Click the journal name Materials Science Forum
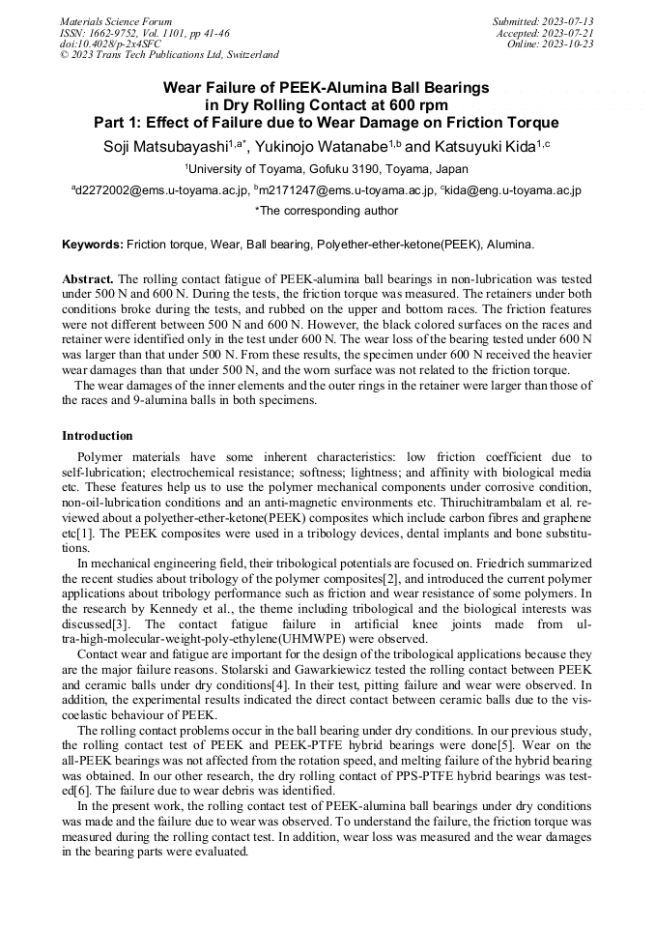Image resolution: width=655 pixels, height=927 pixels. pos(116,20)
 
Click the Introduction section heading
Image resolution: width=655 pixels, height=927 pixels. pos(98,436)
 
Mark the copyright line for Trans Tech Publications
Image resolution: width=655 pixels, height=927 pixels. pos(169,55)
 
